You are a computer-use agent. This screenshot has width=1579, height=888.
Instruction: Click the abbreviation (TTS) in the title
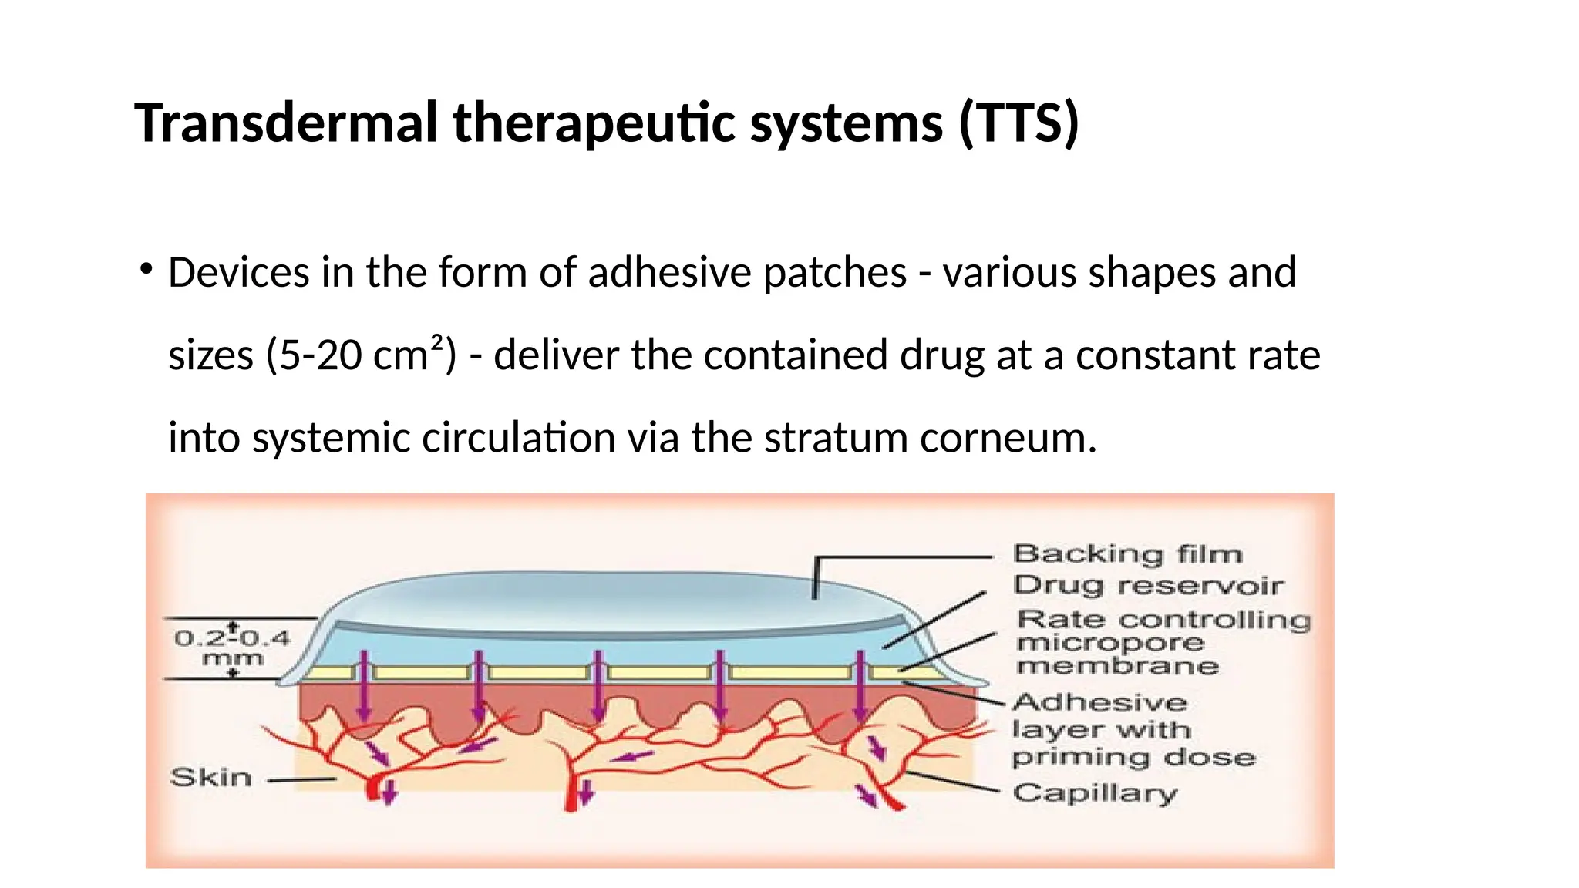1018,123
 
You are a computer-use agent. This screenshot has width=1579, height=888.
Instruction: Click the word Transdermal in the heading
286,123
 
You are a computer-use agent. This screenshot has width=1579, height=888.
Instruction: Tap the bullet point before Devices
145,270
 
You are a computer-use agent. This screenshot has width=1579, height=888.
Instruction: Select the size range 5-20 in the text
316,356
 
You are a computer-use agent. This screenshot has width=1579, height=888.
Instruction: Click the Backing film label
1126,553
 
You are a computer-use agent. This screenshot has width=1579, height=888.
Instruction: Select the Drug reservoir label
1147,585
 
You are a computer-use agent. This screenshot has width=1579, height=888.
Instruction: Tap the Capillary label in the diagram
1095,793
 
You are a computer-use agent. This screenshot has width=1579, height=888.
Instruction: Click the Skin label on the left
211,777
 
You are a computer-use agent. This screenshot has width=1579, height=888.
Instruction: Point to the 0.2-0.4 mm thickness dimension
232,647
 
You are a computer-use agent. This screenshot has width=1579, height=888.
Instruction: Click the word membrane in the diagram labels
1117,666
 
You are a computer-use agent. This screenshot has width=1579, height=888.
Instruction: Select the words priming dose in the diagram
1133,758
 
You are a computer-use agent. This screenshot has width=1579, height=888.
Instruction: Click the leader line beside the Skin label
301,779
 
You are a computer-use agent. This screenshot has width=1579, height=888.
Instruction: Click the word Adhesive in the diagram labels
1099,702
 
